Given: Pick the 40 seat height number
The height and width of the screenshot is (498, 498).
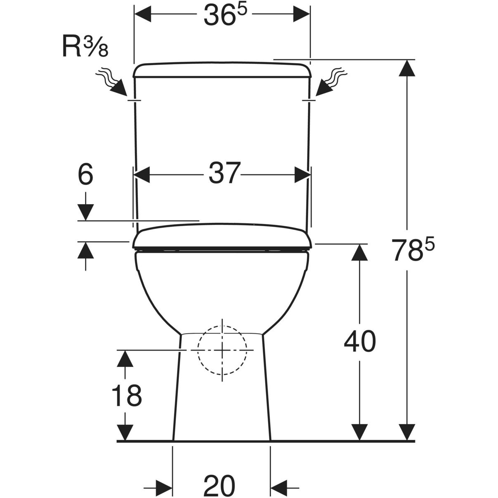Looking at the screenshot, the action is pyautogui.click(x=360, y=341).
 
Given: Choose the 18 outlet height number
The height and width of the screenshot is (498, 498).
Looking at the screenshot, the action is pyautogui.click(x=127, y=395).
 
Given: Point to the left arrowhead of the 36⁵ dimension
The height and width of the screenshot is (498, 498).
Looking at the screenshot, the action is pyautogui.click(x=143, y=14).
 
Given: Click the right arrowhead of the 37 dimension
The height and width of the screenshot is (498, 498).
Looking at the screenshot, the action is pyautogui.click(x=303, y=175).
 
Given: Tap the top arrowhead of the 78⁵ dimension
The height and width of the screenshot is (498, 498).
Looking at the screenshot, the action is pyautogui.click(x=407, y=68).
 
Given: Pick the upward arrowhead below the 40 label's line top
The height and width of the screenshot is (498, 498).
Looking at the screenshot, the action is pyautogui.click(x=359, y=252).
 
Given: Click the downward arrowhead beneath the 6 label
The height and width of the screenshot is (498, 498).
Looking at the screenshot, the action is pyautogui.click(x=85, y=212).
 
